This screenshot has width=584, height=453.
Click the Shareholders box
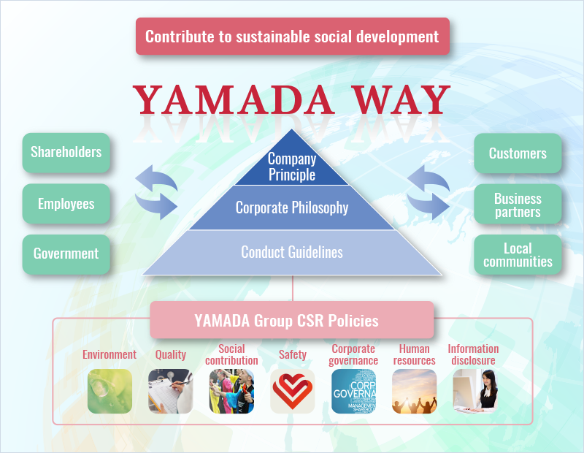point(66,153)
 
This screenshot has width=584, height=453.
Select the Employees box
point(66,204)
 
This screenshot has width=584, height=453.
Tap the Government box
point(66,254)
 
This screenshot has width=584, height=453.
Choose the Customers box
point(518,153)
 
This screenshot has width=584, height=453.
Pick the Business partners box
point(518,204)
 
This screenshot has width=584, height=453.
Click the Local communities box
point(518,255)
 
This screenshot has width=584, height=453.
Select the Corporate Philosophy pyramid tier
point(292,208)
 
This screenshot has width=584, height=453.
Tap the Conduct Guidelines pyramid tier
point(292,252)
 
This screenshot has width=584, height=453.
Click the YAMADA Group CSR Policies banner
point(292,320)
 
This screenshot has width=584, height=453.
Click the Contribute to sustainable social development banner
point(293,36)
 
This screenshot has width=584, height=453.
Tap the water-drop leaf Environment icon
point(110,391)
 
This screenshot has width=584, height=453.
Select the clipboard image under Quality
point(171,391)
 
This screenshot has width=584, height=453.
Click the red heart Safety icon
point(293,391)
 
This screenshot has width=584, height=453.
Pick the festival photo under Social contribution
point(231,391)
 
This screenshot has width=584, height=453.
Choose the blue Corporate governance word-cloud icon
point(353,391)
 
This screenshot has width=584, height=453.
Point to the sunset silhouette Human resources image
point(414,391)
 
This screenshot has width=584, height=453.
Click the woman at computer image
point(475,391)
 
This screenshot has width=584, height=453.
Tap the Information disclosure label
point(473,354)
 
